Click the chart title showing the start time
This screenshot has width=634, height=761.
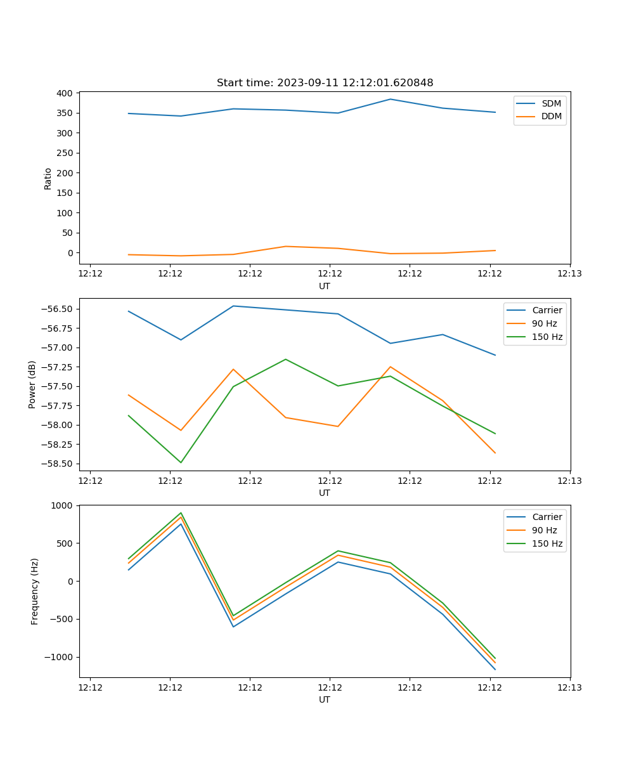(x=325, y=83)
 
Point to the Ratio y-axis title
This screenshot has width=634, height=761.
(x=48, y=178)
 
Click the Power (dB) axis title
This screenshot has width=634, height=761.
(x=32, y=384)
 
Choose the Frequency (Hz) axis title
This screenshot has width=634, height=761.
(x=35, y=591)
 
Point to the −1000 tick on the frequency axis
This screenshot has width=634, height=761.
(x=59, y=657)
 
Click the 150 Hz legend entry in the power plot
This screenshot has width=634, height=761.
(x=547, y=337)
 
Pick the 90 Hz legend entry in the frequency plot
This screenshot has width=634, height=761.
(x=544, y=530)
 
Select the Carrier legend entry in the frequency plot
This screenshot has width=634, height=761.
(x=547, y=517)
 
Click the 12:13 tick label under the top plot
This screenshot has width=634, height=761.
(x=569, y=274)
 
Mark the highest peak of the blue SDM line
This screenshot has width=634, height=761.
(x=391, y=99)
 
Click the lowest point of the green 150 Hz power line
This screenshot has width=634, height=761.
(x=181, y=462)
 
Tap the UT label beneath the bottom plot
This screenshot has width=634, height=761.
(x=325, y=699)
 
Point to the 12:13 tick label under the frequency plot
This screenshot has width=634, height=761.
(x=569, y=687)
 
